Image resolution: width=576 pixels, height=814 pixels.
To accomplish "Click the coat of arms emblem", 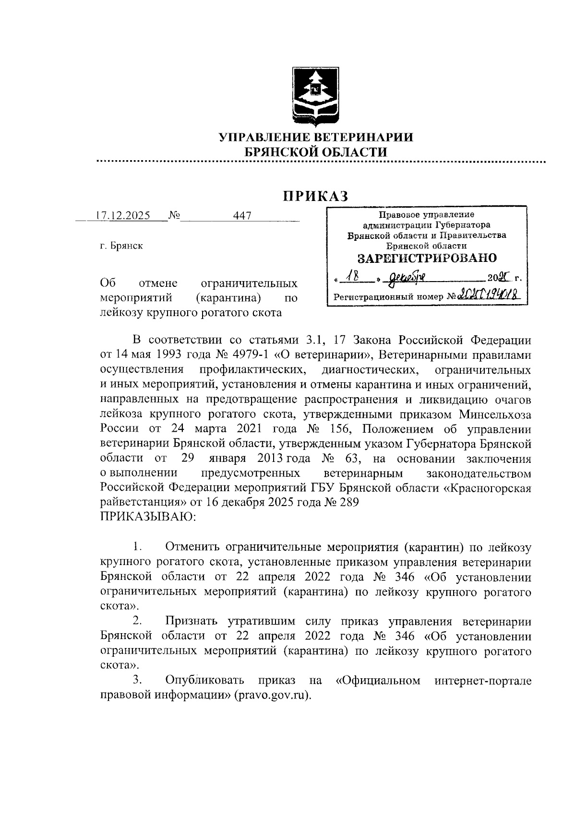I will pos(314,95).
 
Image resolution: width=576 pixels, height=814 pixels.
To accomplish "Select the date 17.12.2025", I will pos(123,215).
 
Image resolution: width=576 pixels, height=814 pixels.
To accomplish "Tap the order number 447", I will pos(242,216).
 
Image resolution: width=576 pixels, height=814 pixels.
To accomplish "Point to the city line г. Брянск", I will pos(121,246).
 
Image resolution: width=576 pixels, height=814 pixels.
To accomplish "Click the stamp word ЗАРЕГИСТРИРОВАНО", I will pos(427,258).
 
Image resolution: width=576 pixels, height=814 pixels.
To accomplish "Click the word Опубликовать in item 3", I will pos(205,680).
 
